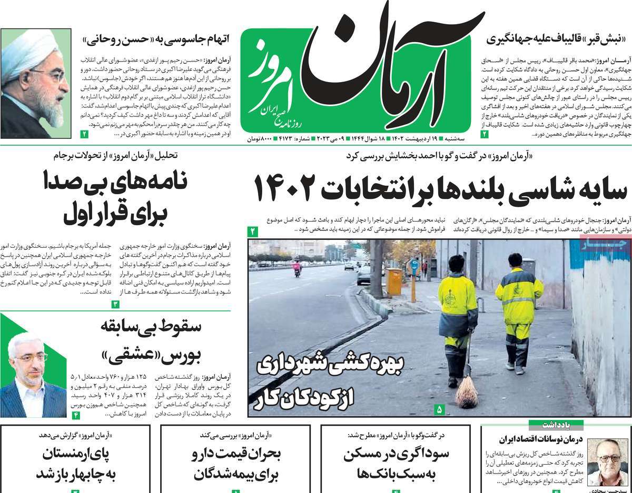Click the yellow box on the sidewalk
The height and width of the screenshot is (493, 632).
[393, 282]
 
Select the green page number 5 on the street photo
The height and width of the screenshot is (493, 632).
[440, 409]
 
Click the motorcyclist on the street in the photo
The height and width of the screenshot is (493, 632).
[297, 268]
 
